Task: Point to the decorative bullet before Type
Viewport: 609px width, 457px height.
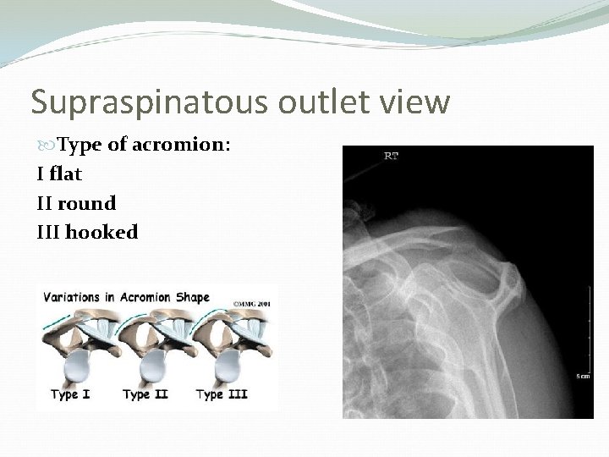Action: pyautogui.click(x=43, y=146)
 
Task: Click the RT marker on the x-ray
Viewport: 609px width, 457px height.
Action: pyautogui.click(x=392, y=155)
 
